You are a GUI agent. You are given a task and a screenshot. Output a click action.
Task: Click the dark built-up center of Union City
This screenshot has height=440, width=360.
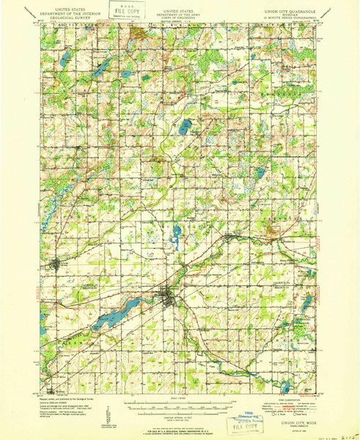point(168,296)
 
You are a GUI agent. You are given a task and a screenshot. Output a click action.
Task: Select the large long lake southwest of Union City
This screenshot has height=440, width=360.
point(111,317)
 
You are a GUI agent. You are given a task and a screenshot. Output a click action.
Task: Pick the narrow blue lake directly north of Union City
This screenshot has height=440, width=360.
point(176,238)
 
